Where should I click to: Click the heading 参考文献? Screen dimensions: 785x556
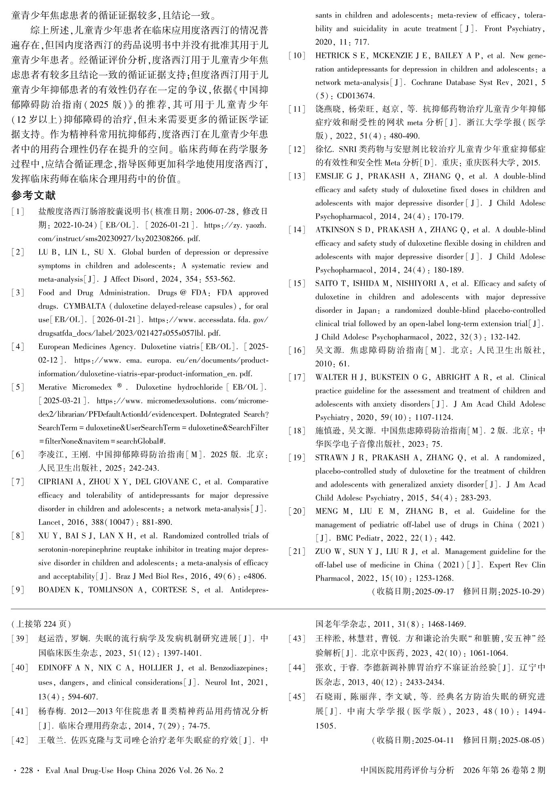(x=34, y=195)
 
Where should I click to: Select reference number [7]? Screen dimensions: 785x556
(x=18, y=482)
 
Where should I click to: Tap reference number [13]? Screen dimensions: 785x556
(x=297, y=176)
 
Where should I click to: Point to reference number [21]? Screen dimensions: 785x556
(x=297, y=552)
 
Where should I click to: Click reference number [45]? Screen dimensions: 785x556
(x=297, y=697)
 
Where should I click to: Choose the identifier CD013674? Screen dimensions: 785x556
(x=351, y=96)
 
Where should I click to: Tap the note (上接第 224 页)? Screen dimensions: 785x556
(x=41, y=624)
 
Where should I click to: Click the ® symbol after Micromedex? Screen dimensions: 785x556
(x=119, y=386)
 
